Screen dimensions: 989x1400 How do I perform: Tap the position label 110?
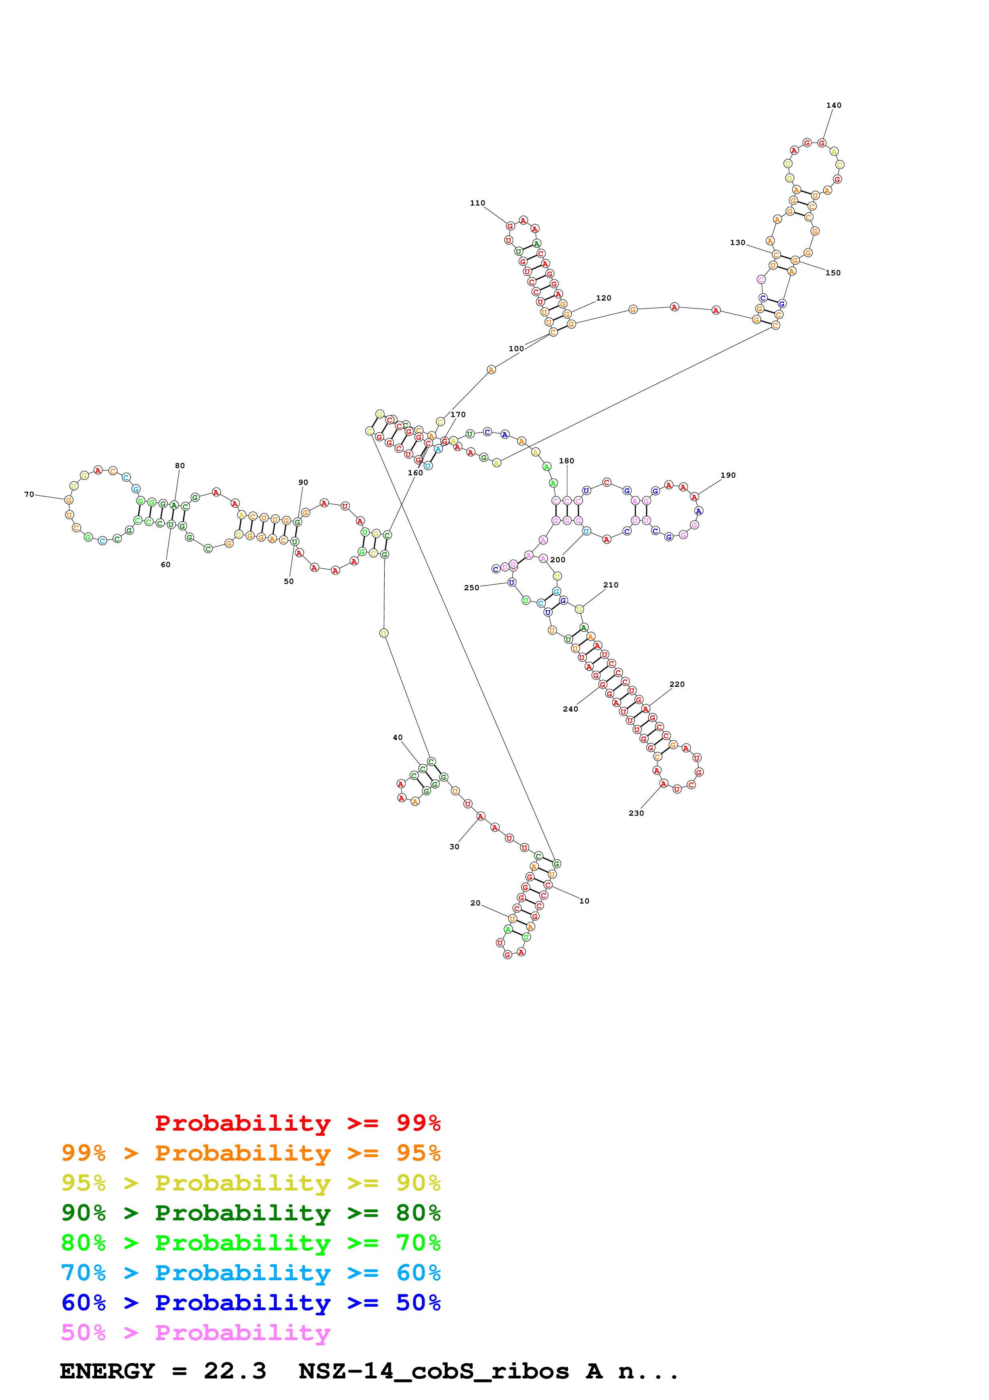477,203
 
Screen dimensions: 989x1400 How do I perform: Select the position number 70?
29,494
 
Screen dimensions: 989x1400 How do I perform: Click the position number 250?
471,588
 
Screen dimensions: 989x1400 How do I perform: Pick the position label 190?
728,475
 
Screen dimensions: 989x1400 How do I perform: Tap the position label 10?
584,901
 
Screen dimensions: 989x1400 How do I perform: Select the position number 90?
303,482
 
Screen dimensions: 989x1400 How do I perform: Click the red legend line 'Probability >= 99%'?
297,1123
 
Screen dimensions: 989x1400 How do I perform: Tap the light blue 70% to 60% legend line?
251,1273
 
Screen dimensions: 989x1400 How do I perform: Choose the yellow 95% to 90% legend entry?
251,1182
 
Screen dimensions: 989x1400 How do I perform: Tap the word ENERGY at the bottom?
107,1371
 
